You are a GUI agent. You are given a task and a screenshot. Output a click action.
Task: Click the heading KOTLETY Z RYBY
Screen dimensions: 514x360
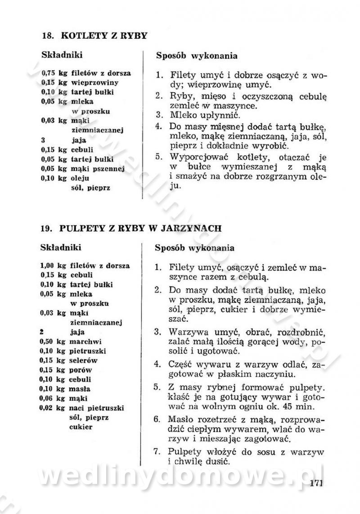[103, 36]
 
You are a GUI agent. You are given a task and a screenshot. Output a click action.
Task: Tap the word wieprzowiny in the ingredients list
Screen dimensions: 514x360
[94, 82]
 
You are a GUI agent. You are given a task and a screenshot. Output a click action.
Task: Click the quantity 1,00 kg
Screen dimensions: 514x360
[54, 266]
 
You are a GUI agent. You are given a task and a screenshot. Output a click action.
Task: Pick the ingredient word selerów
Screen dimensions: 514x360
[84, 360]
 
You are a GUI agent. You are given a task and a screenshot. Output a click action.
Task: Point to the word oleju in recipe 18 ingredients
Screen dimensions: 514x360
[80, 178]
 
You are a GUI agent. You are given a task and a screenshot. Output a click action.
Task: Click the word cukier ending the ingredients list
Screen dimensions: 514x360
[81, 427]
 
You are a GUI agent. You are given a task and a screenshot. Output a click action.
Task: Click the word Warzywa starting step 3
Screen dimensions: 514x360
[187, 333]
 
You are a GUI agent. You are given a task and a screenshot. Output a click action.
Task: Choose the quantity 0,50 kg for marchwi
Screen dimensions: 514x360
[54, 341]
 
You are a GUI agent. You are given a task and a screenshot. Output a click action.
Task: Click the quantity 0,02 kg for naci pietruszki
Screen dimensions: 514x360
[54, 408]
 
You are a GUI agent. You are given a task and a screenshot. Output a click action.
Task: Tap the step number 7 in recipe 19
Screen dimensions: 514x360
[157, 451]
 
